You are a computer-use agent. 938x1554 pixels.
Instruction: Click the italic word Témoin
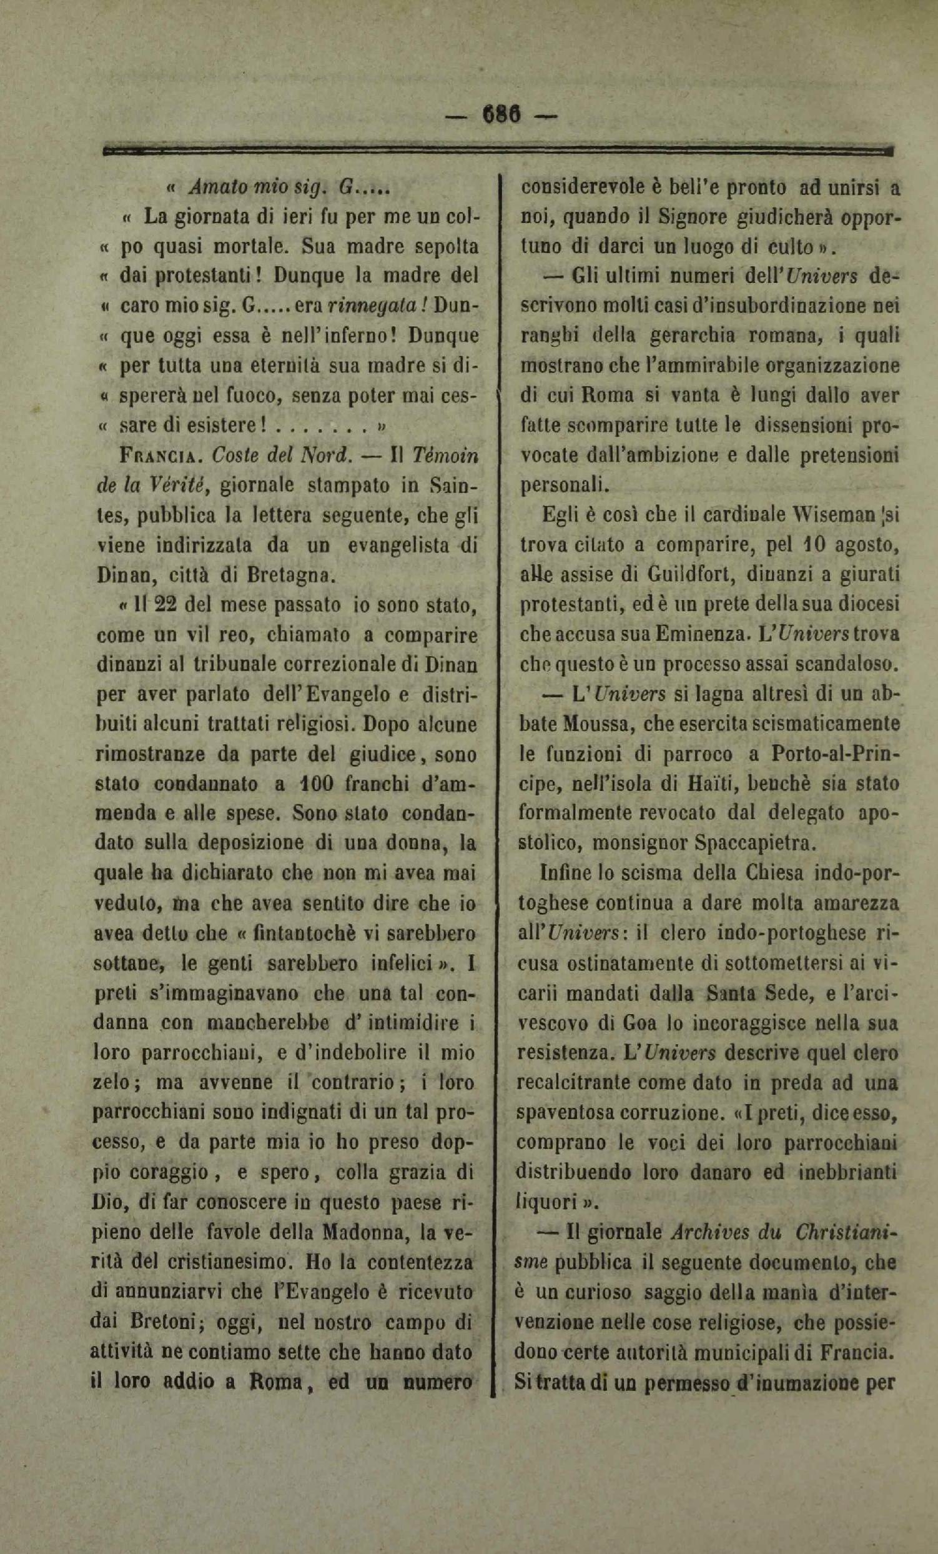[x=448, y=457]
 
